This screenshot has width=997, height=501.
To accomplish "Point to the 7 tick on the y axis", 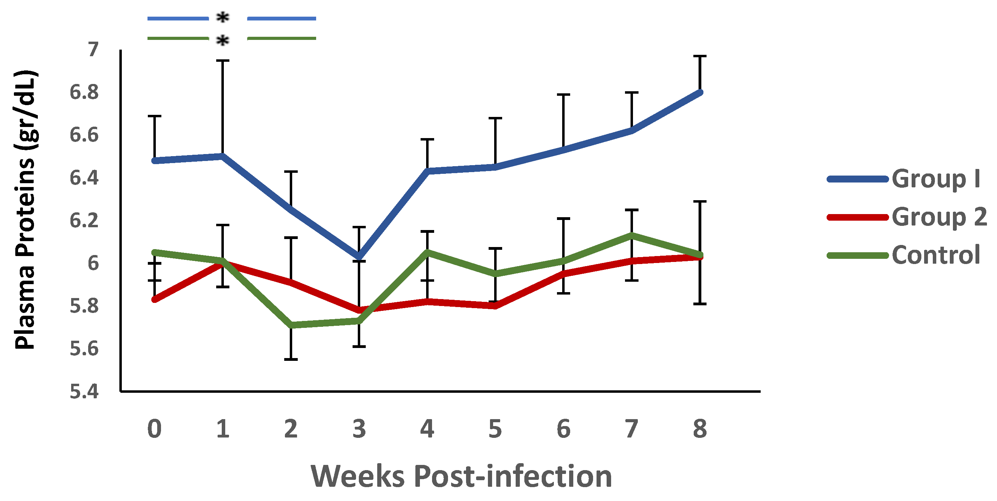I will tap(93, 50).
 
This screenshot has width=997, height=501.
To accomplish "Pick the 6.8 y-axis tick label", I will tap(84, 92).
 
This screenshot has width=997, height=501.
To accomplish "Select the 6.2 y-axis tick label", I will tap(84, 221).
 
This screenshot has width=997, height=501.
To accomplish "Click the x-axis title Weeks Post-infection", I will tap(461, 476).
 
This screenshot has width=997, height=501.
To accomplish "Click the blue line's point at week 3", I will tap(359, 257).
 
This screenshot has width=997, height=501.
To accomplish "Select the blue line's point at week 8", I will tap(700, 92).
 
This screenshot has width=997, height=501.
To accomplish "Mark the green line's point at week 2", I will tap(291, 325).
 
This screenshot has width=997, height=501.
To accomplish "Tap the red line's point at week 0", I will tap(154, 299).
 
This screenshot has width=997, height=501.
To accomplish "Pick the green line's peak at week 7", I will tap(632, 235).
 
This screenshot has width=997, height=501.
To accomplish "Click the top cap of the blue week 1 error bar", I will tap(222, 61).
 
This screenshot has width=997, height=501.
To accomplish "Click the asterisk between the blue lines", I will tap(222, 17).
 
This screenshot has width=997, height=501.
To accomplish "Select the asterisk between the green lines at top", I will tap(222, 40).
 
